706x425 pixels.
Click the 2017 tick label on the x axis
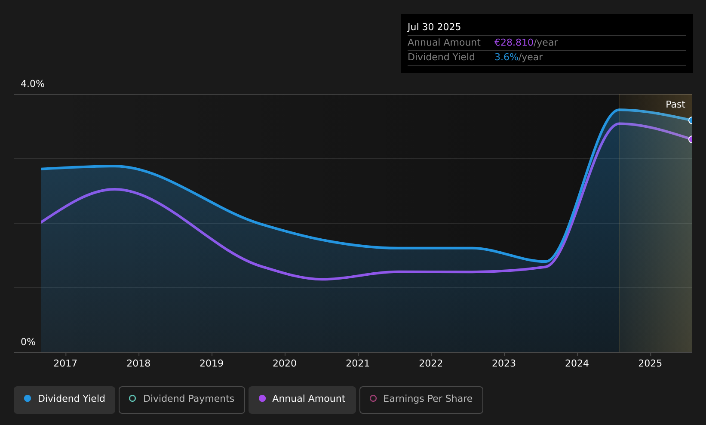[x=65, y=363]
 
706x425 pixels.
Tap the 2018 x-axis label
[x=138, y=363]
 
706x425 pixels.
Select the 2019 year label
[x=212, y=363]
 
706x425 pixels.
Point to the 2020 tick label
[x=285, y=363]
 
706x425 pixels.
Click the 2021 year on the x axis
[x=358, y=363]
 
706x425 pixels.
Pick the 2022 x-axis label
[x=431, y=363]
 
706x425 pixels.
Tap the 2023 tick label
[x=504, y=363]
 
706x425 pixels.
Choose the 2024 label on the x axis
[x=577, y=363]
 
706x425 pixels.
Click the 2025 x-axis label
[x=650, y=363]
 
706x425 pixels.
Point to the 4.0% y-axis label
[x=33, y=84]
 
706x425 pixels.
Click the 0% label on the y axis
[x=28, y=342]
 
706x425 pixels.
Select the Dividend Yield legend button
[x=64, y=400]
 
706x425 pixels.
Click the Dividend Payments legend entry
[x=182, y=400]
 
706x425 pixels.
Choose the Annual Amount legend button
[x=302, y=400]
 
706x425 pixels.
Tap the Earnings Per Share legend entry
[x=421, y=400]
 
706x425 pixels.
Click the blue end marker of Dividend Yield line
[x=691, y=120]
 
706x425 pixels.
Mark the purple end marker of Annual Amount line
[x=691, y=139]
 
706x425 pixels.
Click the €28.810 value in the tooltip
[x=514, y=43]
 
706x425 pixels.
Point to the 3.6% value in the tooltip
[x=506, y=57]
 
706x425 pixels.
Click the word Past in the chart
[x=675, y=105]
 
